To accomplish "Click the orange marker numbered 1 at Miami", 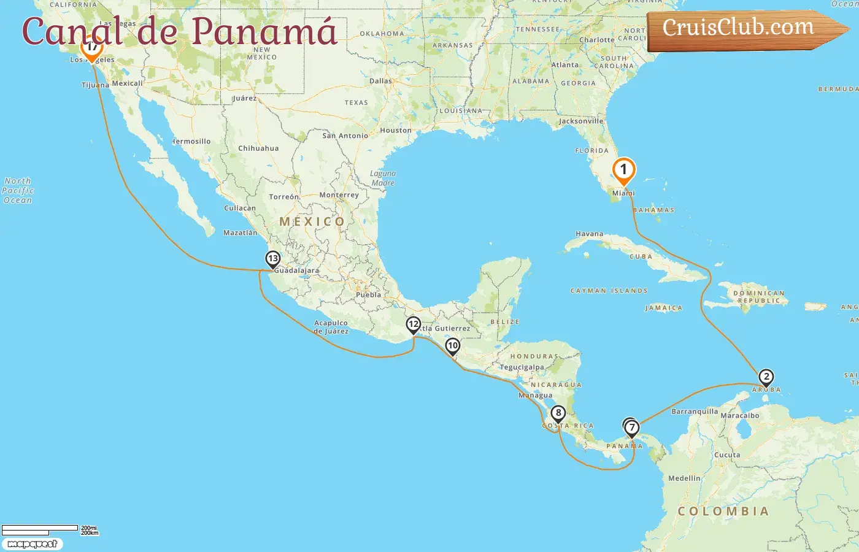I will [x=623, y=170].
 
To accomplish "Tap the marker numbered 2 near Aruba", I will [x=766, y=377].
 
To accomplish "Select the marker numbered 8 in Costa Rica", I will [x=558, y=413].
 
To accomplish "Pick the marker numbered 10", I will [x=453, y=346].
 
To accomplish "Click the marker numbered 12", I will [x=414, y=324].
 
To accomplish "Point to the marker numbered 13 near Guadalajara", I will [x=273, y=259].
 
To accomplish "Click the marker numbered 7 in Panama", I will [x=632, y=427].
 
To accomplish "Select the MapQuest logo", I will [x=32, y=543].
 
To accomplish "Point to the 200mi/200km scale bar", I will [x=49, y=530].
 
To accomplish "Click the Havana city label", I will [x=589, y=234].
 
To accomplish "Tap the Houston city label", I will [x=396, y=130].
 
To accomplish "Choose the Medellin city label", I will [x=684, y=478].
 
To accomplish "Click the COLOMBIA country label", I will [x=723, y=511].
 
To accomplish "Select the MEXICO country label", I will [x=312, y=221].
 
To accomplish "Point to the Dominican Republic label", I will [x=759, y=297].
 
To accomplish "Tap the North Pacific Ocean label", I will [x=18, y=191].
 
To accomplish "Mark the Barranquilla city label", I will [x=695, y=412].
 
